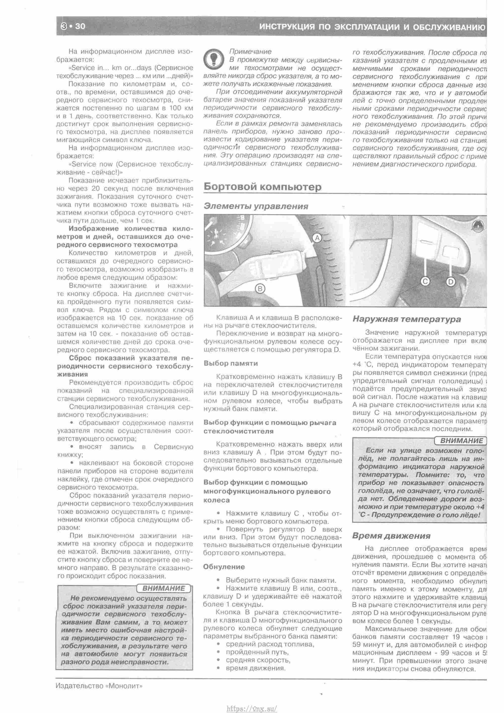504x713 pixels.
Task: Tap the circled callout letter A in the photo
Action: click(x=317, y=238)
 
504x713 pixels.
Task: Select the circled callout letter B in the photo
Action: click(x=260, y=289)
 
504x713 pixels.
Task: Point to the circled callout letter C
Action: click(x=425, y=281)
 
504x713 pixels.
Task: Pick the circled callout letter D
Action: click(x=450, y=282)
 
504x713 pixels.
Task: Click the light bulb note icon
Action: click(x=214, y=59)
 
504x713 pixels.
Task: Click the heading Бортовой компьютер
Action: click(x=263, y=187)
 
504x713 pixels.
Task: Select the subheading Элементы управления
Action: click(x=256, y=206)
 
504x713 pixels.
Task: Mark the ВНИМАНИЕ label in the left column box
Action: click(x=164, y=588)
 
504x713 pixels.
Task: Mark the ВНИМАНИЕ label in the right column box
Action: click(x=461, y=441)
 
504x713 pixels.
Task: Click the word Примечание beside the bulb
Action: click(x=250, y=51)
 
